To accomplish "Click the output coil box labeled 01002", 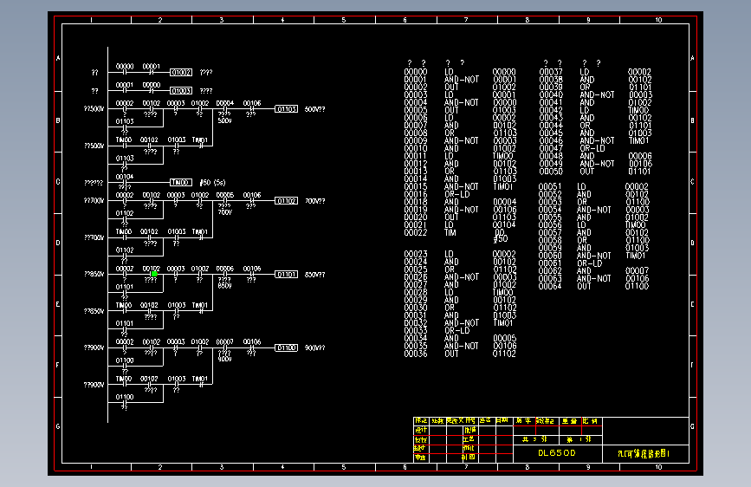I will tap(181, 73).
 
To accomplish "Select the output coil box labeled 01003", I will tap(181, 90).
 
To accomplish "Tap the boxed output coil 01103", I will tap(287, 109).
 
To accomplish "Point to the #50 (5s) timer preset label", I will tap(212, 183).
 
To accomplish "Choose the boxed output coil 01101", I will tap(287, 274).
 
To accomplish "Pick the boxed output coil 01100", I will tap(287, 347).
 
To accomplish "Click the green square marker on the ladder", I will tap(154, 274).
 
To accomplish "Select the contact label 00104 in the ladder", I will tap(125, 176).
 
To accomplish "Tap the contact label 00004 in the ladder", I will tap(225, 103).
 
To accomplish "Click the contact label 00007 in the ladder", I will tap(225, 341).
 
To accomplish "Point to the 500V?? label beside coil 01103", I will tap(315, 109).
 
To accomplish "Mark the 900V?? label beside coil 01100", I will tap(315, 347).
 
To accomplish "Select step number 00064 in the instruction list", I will tap(550, 286).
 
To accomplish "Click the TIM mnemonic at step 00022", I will tap(450, 232).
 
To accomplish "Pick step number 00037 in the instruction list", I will tap(551, 72).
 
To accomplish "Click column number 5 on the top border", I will tap(344, 19).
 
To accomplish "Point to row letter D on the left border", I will tap(59, 243).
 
